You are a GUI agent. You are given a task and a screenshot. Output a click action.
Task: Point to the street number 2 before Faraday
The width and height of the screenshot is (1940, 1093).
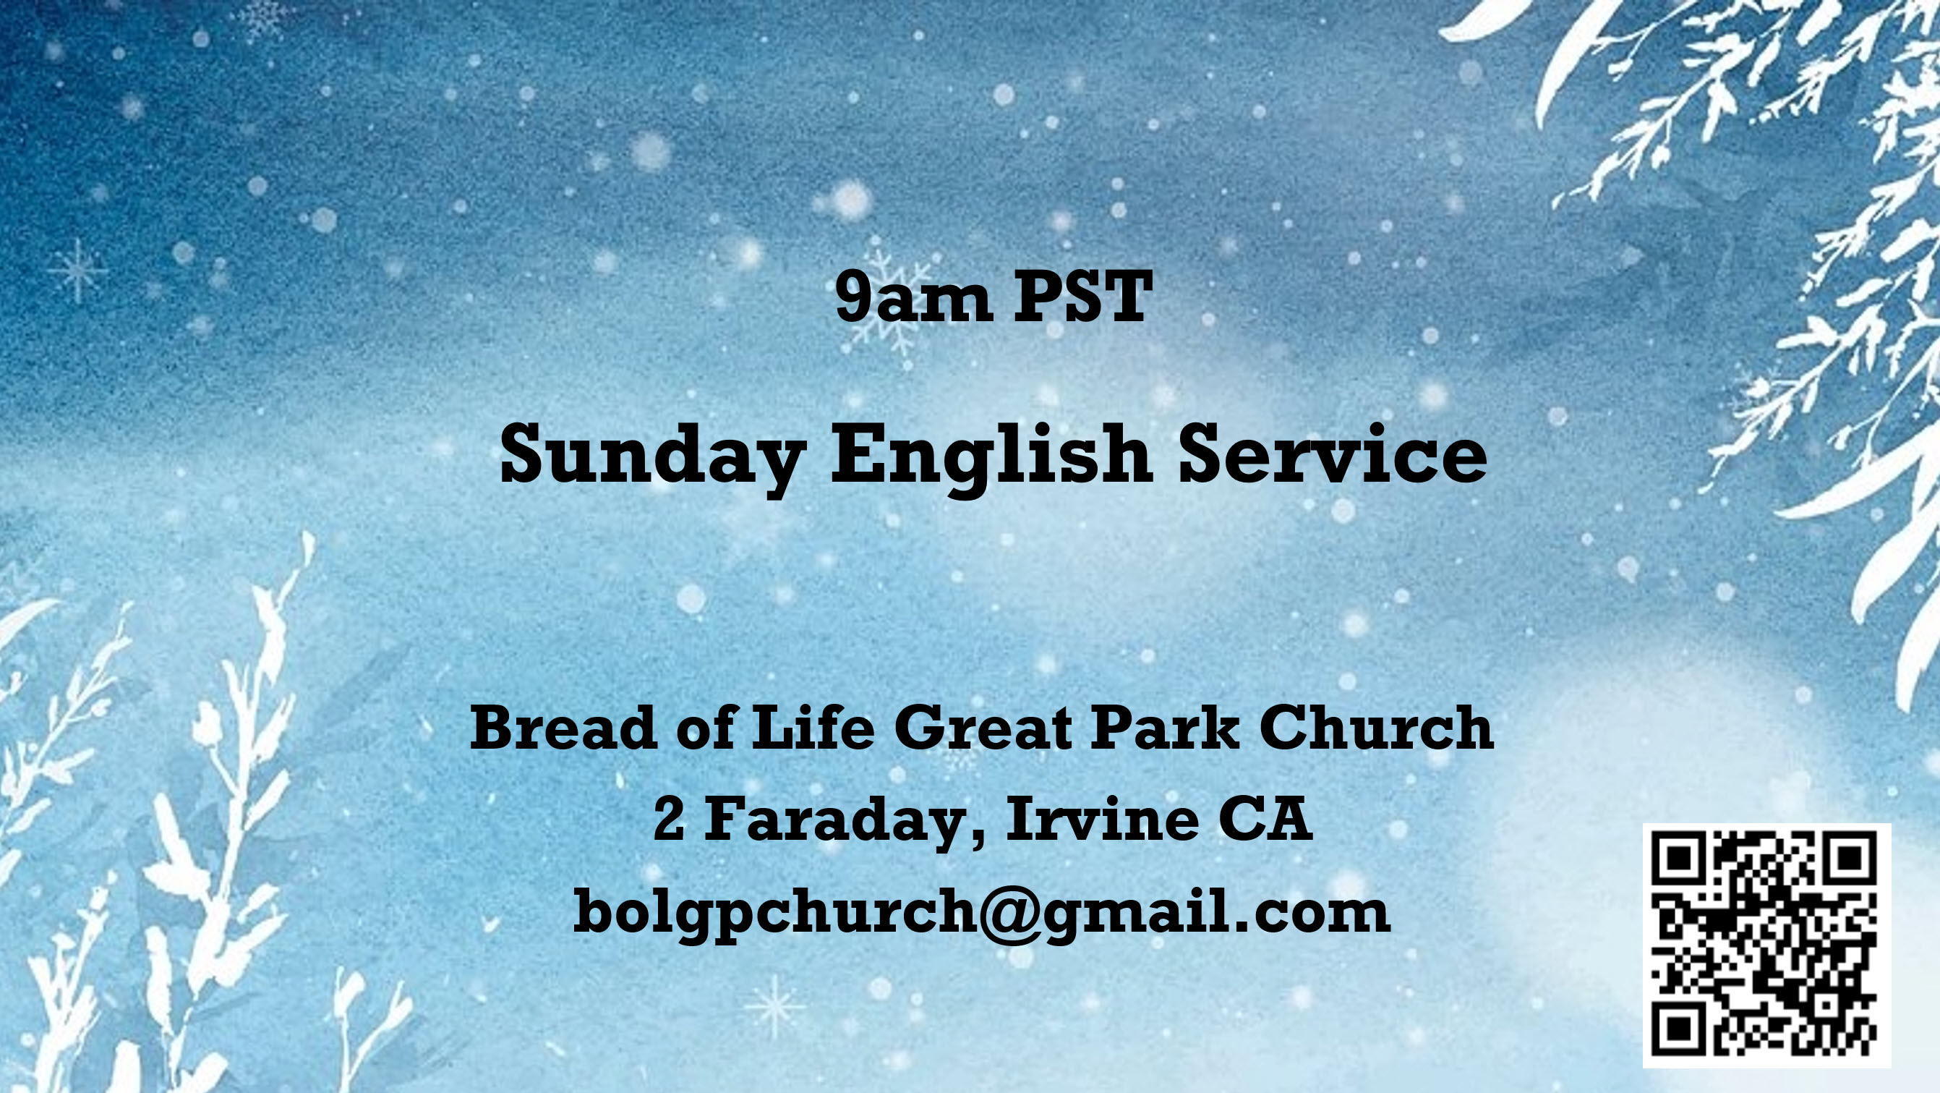[669, 819]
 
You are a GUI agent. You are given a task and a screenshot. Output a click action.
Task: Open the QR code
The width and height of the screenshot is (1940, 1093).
[1766, 945]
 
